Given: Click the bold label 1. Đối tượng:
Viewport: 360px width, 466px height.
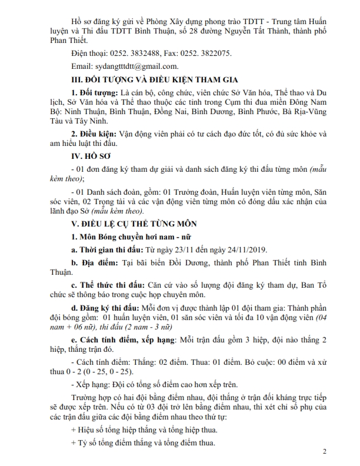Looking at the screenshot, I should [94, 93].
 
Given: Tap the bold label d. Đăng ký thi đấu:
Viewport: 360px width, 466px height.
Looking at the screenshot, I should [105, 309].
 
